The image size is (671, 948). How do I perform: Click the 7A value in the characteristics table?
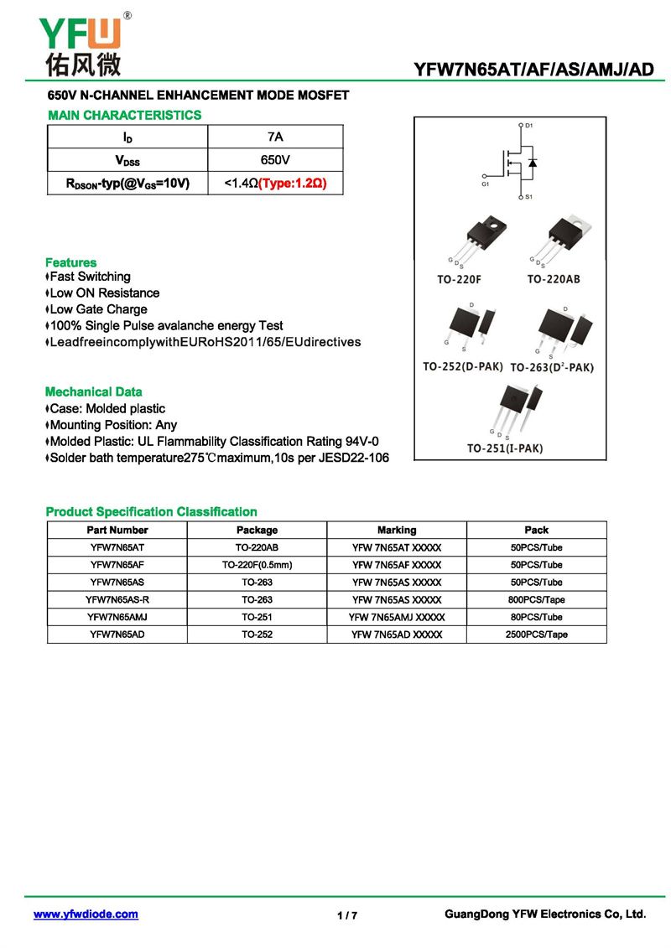click(275, 137)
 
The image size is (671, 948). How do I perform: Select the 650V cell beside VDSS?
click(275, 159)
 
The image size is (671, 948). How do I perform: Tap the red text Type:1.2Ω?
click(292, 183)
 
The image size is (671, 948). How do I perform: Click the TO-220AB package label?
click(554, 279)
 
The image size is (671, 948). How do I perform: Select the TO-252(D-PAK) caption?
click(463, 367)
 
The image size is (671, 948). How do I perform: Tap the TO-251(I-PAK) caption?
click(505, 448)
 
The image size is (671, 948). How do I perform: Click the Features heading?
click(70, 262)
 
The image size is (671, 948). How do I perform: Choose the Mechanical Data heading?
click(93, 391)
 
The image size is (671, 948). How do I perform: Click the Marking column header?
click(397, 530)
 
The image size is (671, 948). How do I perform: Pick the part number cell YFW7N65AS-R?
click(117, 599)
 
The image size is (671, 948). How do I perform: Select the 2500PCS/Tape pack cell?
click(536, 635)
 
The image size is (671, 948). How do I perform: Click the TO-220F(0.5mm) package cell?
click(257, 565)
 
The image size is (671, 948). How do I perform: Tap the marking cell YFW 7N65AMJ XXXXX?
click(397, 617)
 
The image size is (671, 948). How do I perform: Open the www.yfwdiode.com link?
click(86, 914)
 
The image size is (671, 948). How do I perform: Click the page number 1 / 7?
click(347, 915)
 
